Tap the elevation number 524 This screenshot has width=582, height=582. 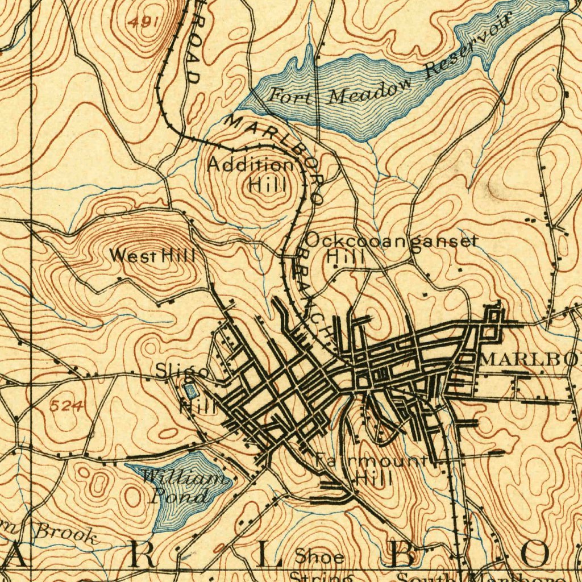66,406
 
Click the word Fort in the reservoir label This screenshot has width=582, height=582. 290,95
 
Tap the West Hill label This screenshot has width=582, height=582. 152,256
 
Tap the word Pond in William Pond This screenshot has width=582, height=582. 178,497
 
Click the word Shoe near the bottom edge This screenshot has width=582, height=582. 319,557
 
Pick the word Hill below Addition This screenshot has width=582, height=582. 268,185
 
